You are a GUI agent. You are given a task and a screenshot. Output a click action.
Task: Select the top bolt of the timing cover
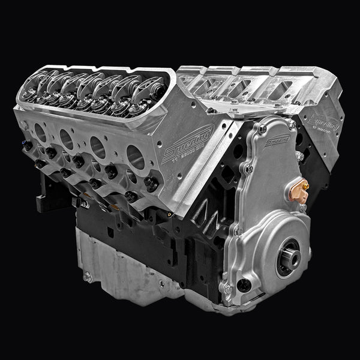pyautogui.click(x=262, y=129)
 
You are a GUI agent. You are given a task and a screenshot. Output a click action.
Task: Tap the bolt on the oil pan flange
pyautogui.click(x=88, y=277)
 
